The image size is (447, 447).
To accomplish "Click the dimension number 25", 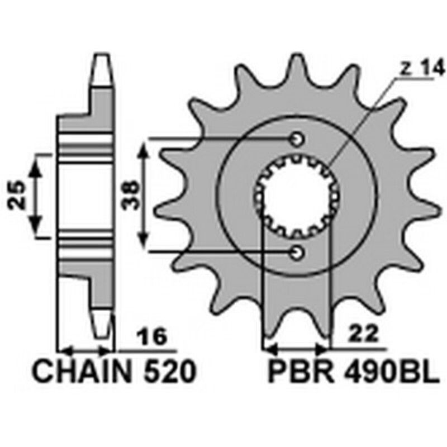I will pos(16,196).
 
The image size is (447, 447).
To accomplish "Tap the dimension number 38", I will pos(130,196).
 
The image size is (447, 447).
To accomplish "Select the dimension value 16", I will pos(152,337).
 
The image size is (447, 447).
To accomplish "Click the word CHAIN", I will pos(81,372).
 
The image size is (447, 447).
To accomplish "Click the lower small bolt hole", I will pos(297,253).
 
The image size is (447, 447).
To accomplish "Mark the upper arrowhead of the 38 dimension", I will pos(145,146).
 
